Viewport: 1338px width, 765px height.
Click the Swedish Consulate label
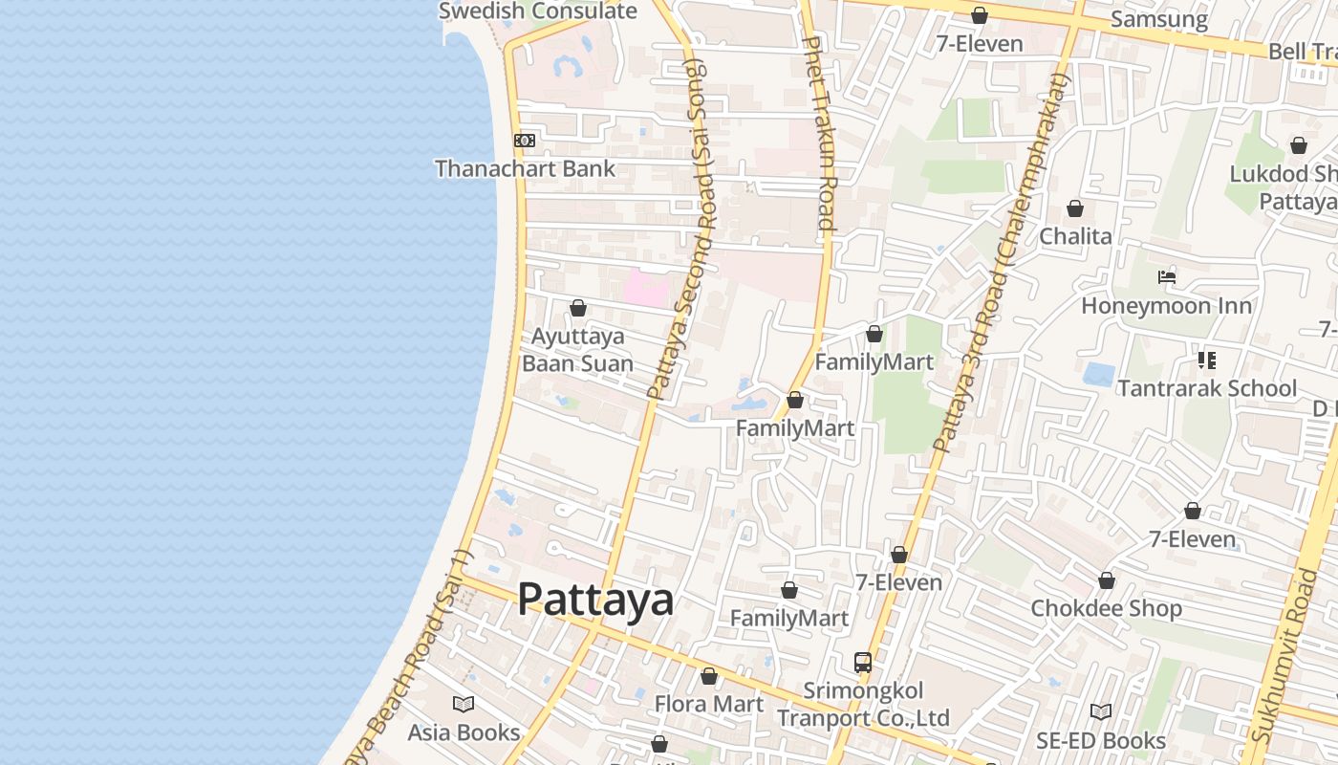(x=537, y=11)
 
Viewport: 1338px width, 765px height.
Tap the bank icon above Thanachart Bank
(x=524, y=141)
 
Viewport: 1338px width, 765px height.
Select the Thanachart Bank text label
(x=525, y=169)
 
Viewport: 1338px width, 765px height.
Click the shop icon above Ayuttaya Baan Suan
(x=577, y=308)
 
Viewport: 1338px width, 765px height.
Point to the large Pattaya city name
(x=595, y=600)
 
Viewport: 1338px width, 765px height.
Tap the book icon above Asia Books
(x=464, y=705)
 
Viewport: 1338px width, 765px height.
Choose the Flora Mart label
(x=708, y=705)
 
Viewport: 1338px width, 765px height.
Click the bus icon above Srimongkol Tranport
(x=862, y=662)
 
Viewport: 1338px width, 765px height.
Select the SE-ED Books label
(x=1101, y=740)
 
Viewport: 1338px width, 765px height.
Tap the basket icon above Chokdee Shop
(x=1106, y=580)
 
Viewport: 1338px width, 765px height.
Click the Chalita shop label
(x=1075, y=236)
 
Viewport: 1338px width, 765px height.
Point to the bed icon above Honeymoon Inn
(x=1166, y=278)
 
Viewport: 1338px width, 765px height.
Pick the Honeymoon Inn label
(x=1166, y=306)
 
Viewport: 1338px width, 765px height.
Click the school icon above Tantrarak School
(x=1206, y=361)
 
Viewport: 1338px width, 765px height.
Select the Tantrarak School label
(x=1206, y=388)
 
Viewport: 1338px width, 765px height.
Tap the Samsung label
(x=1159, y=19)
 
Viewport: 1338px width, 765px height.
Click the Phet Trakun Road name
(x=821, y=134)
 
